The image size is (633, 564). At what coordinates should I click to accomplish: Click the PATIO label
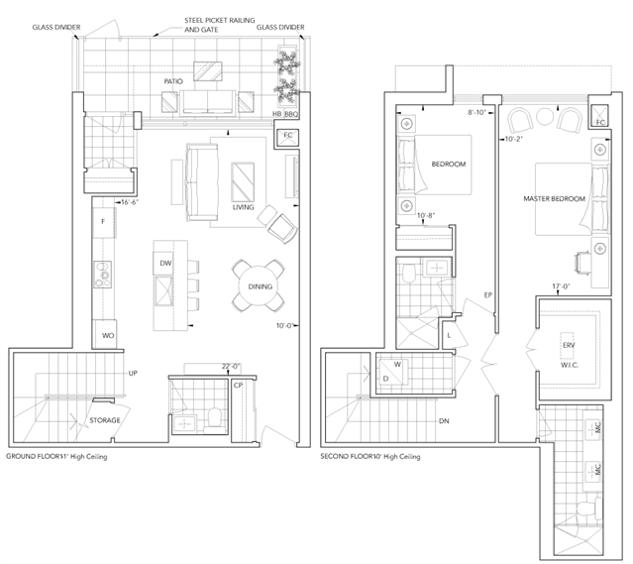pos(173,81)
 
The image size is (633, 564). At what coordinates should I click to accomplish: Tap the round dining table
pos(259,286)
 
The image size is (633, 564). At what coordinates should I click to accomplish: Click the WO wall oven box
pos(105,334)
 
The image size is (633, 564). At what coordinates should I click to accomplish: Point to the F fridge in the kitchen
pos(103,221)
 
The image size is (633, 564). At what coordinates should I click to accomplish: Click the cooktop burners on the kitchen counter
pos(103,275)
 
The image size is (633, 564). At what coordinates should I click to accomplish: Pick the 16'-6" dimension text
pos(130,202)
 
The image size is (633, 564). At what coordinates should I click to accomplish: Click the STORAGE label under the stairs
pos(105,420)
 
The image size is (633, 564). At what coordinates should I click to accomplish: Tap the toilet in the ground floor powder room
pos(213,419)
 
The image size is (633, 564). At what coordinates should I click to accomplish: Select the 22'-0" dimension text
pos(232,367)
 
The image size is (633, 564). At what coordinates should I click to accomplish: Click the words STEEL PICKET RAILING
pos(220,20)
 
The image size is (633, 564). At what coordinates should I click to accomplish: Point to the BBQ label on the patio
pos(291,114)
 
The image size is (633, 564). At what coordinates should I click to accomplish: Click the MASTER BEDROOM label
pos(555,199)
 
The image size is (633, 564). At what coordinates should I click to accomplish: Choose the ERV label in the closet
pos(569,345)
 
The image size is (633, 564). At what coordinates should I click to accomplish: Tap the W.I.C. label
pos(570,365)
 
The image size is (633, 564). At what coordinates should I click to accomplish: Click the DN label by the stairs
pos(444,421)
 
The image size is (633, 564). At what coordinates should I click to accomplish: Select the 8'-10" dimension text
pos(476,113)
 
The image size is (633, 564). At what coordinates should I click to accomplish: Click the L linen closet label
pos(449,335)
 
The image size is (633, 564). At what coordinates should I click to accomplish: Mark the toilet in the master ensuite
pos(586,509)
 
